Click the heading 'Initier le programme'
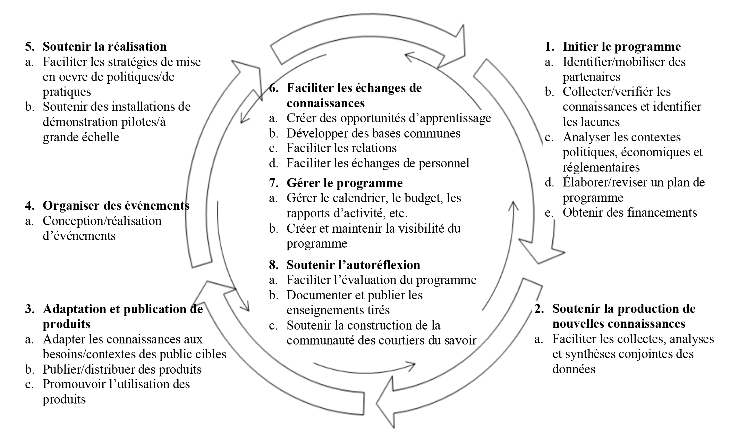pos(622,47)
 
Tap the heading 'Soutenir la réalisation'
pos(104,47)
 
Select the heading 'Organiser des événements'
pos(116,206)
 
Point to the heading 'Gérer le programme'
pos(345,183)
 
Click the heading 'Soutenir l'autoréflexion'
pos(353,265)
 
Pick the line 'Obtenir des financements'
pos(630,213)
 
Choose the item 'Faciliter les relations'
pos(341,148)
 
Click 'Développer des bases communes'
pos(373,133)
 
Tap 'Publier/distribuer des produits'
pos(122,369)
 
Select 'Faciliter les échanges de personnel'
pos(378,163)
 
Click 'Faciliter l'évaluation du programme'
pos(381,280)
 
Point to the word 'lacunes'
pos(591,122)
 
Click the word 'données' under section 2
pos(574,369)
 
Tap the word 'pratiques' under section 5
pos(67,92)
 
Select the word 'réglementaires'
pos(601,167)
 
